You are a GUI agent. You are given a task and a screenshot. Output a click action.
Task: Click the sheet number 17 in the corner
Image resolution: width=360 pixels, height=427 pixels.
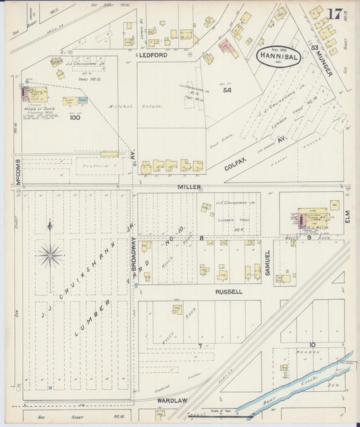(x=334, y=14)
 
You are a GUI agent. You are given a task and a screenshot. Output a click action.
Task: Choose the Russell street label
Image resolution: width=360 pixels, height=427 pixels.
(x=229, y=292)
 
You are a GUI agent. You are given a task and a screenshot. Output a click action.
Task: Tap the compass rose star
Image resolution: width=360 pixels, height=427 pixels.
(x=50, y=255)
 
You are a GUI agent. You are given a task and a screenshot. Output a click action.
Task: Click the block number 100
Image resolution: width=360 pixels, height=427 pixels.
(x=74, y=118)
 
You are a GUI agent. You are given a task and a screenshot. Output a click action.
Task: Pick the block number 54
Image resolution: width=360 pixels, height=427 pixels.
(x=209, y=90)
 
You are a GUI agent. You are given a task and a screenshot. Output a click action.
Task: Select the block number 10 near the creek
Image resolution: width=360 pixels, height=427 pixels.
(x=312, y=344)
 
